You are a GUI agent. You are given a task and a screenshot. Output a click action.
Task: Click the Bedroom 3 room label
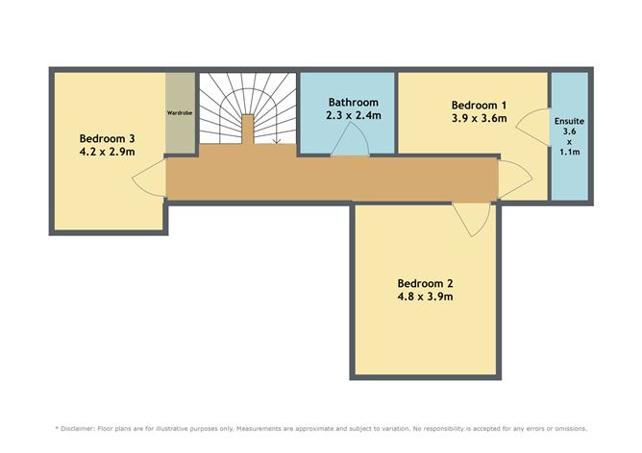coord(107,138)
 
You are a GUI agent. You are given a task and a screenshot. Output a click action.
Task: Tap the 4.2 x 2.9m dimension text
coord(107,152)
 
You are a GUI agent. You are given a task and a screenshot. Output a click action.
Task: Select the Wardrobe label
coord(180,112)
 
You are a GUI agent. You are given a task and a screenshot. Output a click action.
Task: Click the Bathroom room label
coord(354,102)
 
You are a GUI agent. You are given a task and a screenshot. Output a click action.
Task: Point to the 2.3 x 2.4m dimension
coord(354,116)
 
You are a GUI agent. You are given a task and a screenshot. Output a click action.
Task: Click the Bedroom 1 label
coord(479,105)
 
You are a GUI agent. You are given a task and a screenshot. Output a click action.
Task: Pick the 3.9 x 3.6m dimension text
coord(479,118)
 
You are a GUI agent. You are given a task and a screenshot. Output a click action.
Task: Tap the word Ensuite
coord(569,121)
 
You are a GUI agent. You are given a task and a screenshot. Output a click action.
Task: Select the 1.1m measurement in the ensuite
coord(570,152)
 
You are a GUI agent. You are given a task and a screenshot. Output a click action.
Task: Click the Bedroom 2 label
coord(425,283)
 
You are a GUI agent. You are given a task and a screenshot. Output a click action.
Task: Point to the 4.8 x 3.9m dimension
coord(425,297)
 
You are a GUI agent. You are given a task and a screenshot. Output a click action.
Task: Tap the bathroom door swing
coord(350,139)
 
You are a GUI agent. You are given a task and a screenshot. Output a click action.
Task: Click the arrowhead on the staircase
coord(277,141)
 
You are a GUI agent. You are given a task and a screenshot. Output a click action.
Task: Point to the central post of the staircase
coord(247,130)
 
